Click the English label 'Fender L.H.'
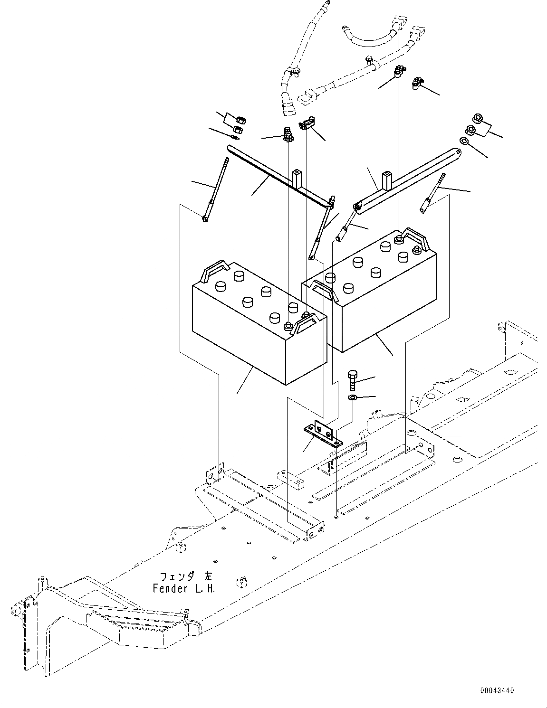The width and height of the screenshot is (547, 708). tap(184, 589)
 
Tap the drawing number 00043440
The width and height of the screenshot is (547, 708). tap(496, 691)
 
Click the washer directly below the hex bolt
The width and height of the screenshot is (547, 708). tap(352, 397)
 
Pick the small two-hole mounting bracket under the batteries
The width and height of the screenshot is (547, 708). tap(323, 435)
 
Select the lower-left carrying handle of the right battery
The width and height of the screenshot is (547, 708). tap(324, 290)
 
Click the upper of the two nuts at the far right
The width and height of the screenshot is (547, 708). tap(477, 118)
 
